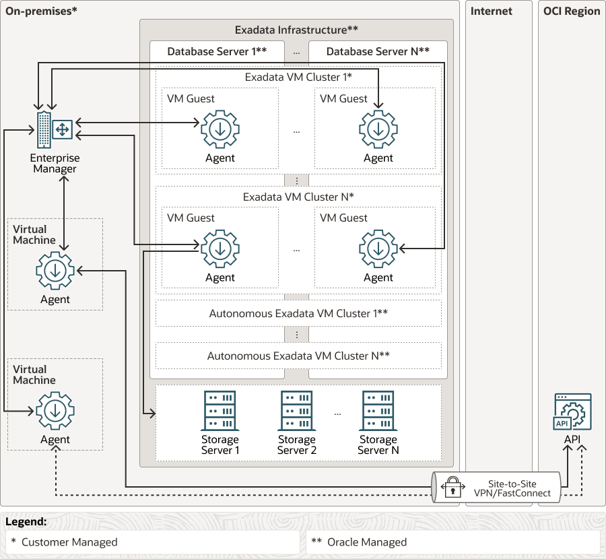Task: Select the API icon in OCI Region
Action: click(572, 412)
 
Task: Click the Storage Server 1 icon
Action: click(220, 411)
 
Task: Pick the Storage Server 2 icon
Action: click(297, 411)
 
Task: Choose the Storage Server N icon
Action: click(378, 411)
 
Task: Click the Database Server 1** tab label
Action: click(217, 51)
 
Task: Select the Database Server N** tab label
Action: click(378, 51)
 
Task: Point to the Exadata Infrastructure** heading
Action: click(296, 30)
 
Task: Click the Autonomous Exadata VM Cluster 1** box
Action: click(298, 313)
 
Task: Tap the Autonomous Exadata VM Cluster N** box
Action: click(298, 356)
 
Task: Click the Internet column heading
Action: click(491, 11)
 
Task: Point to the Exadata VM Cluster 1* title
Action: click(298, 77)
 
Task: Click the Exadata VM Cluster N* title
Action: click(298, 197)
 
